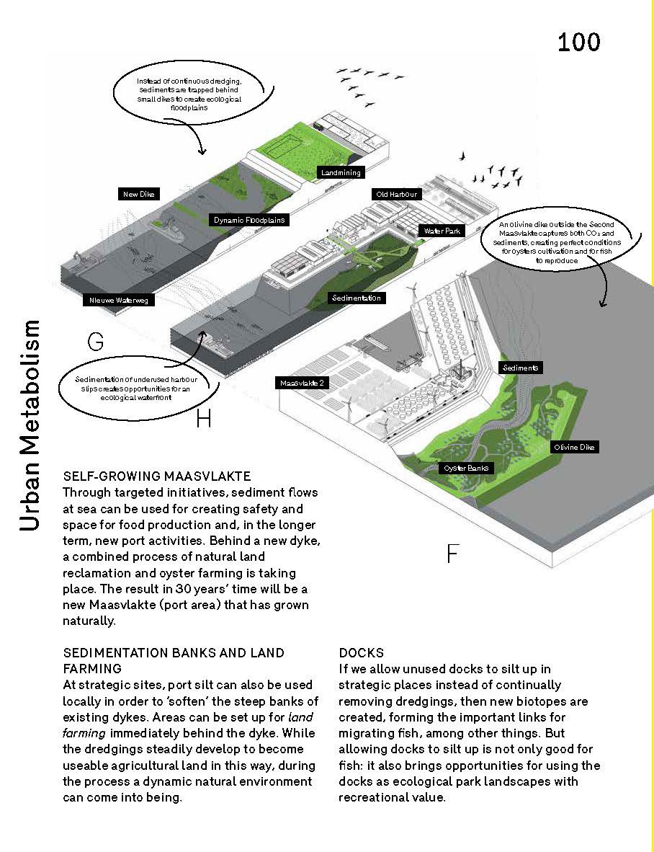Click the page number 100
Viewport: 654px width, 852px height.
(578, 42)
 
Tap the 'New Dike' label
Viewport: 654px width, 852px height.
(139, 194)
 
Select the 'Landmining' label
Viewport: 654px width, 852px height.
(340, 173)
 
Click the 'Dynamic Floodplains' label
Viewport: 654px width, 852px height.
(249, 220)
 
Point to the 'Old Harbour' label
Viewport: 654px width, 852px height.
(396, 195)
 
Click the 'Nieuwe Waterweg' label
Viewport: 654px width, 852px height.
(119, 300)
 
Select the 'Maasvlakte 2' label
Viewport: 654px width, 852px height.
(303, 383)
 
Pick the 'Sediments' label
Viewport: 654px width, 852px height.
(521, 368)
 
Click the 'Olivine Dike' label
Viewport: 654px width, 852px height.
(575, 448)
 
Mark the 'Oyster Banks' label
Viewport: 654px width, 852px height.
(467, 469)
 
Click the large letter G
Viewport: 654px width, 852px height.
(95, 341)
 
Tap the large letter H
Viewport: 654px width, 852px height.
(204, 418)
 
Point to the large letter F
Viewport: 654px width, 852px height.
(452, 554)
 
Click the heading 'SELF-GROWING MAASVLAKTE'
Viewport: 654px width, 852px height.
(157, 476)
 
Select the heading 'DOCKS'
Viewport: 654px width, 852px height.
(362, 653)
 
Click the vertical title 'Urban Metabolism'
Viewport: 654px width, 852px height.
(30, 425)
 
